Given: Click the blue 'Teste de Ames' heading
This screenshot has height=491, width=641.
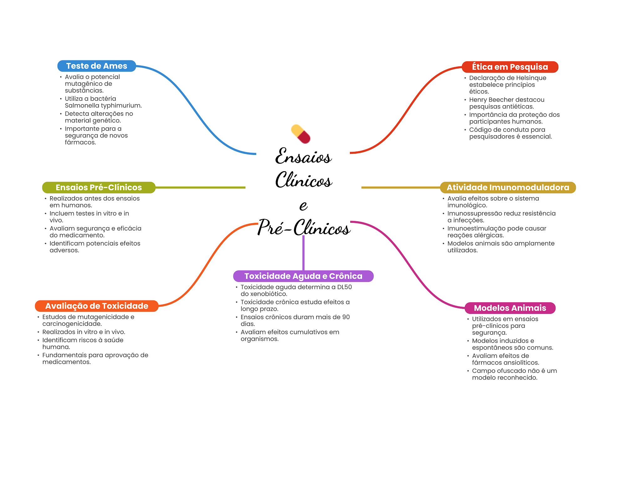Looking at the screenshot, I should click(96, 66).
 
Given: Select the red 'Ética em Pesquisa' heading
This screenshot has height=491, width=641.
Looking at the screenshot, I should click(510, 67).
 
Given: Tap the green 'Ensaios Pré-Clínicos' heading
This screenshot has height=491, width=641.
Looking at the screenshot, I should click(99, 187).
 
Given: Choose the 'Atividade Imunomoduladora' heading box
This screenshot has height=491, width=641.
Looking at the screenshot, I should click(508, 187).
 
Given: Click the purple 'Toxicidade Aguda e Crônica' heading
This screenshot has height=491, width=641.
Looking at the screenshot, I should click(303, 276).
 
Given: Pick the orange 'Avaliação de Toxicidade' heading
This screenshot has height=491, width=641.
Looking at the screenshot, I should click(96, 306).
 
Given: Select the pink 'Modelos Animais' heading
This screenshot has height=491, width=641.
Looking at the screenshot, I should click(510, 308).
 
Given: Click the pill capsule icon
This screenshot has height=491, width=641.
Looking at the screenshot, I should click(300, 134).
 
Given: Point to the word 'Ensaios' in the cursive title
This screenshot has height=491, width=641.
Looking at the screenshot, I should click(303, 156).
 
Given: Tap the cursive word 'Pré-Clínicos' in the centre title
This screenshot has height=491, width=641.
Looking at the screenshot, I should click(304, 228).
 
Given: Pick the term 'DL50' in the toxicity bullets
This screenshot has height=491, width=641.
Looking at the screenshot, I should click(344, 287).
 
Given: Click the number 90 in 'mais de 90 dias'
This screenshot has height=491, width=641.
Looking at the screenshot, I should click(346, 317).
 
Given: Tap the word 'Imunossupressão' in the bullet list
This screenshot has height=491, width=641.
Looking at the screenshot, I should click(473, 213).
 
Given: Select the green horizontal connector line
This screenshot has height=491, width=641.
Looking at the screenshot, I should click(200, 187).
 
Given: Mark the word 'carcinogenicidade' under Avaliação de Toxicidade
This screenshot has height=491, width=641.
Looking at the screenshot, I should click(72, 324).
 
